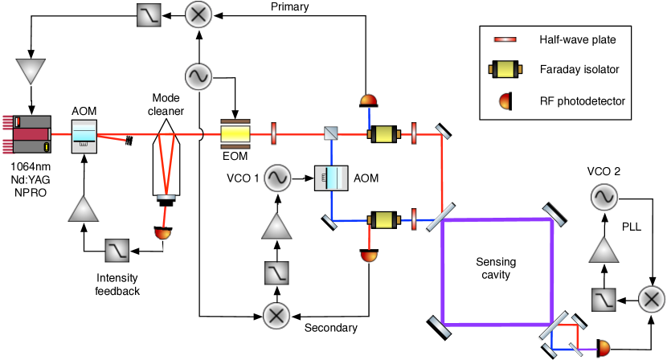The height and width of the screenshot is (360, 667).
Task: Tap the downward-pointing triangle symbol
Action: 31,72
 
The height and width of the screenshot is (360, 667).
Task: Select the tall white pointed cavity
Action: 166,158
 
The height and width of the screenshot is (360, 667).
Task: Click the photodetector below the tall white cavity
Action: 162,234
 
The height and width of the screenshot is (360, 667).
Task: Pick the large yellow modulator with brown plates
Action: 235,134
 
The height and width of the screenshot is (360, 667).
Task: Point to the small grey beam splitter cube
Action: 331,133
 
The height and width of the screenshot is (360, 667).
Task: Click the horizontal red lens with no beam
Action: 505,39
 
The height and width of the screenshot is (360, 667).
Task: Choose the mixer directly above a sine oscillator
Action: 198,14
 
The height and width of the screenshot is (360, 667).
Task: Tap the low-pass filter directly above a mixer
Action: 276,273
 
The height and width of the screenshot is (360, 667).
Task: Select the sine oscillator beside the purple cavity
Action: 604,198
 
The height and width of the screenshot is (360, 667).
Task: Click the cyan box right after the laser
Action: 84,137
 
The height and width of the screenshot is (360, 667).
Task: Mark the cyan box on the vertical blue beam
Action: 331,178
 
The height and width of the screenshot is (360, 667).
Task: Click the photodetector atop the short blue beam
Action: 368,100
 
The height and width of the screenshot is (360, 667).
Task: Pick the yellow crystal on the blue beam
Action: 384,220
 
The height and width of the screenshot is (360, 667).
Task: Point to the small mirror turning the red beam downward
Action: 443,132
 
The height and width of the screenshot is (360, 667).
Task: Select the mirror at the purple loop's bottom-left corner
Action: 439,325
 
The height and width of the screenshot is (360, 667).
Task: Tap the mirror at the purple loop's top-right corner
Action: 554,215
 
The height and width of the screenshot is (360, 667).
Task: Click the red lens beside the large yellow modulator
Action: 274,133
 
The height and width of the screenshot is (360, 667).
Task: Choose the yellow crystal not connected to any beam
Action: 505,69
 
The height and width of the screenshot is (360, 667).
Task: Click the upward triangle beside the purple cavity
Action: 604,249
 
